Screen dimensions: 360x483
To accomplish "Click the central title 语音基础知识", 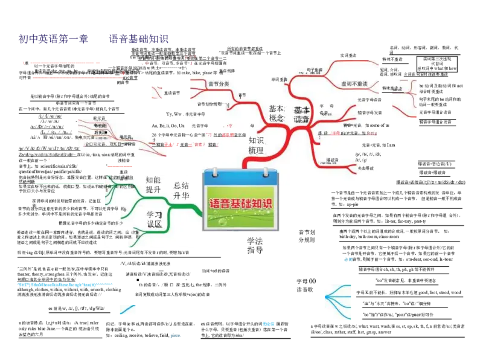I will click(x=240, y=204).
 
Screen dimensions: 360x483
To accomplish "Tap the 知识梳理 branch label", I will click(x=257, y=145).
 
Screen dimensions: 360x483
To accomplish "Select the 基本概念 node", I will click(x=277, y=113).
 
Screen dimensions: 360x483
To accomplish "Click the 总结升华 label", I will click(x=181, y=190).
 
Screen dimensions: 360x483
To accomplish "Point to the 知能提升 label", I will click(x=153, y=184).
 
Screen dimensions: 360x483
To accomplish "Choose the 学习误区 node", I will click(x=155, y=219).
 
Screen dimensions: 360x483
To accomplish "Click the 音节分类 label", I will click(x=219, y=83).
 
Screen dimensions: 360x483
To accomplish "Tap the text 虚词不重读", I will click(x=354, y=83).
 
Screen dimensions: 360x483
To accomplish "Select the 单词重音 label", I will click(x=279, y=79).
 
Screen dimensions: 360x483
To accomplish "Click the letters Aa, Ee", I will click(x=159, y=126).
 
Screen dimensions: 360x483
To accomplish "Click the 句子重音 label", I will click(x=315, y=70).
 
